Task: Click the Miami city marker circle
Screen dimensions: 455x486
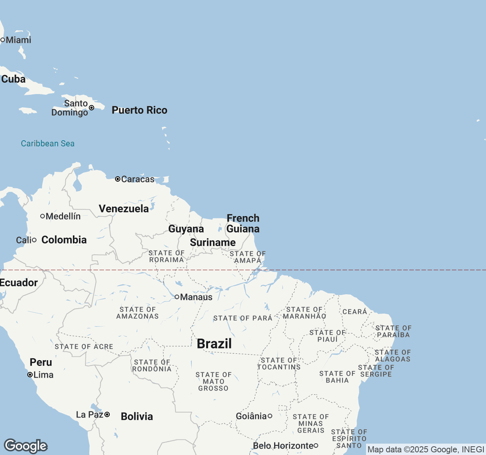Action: pos(3,40)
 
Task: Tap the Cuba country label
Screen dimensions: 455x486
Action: pos(13,79)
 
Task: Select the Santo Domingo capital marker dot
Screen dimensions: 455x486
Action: pos(92,108)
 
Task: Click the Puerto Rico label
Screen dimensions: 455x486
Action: pos(139,110)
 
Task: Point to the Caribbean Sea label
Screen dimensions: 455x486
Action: pos(47,144)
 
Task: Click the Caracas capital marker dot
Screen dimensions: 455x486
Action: pos(118,179)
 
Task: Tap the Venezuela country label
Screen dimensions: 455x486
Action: pos(124,209)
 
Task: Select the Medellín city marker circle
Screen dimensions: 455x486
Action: pos(43,216)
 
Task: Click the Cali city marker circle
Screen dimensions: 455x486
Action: pos(34,240)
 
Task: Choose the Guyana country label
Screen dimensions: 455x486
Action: pos(186,229)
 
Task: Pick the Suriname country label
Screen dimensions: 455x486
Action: pos(213,243)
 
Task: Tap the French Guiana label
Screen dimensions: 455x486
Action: pos(243,224)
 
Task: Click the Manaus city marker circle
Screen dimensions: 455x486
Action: pos(177,297)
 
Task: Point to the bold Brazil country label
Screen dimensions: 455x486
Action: pos(214,344)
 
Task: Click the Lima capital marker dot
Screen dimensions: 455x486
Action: pos(30,375)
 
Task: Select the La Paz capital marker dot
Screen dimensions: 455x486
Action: pos(107,414)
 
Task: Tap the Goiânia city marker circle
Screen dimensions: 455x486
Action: pos(270,416)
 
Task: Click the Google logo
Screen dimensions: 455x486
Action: pos(25,446)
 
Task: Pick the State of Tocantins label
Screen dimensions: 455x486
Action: pos(279,364)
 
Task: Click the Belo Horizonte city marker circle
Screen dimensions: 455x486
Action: pos(316,446)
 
